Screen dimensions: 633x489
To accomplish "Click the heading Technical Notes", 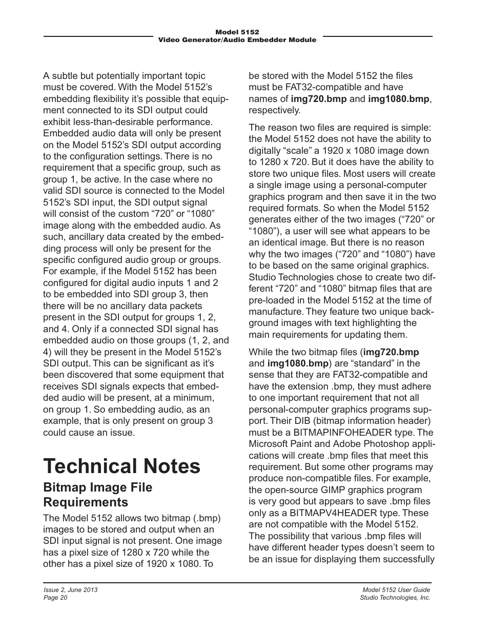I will [x=122, y=466].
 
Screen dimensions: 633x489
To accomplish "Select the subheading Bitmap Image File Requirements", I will [x=97, y=494].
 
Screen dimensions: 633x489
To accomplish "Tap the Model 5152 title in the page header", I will [x=237, y=32].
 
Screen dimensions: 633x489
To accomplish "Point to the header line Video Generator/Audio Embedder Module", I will [x=237, y=39].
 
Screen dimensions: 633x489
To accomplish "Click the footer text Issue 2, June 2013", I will [x=70, y=590].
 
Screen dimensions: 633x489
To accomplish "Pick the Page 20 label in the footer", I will [x=55, y=598].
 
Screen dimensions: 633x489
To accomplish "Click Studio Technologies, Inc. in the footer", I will [x=395, y=598].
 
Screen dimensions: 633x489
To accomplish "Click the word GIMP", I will [x=333, y=490].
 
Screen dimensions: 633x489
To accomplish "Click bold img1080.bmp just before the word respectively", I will [x=398, y=99].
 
